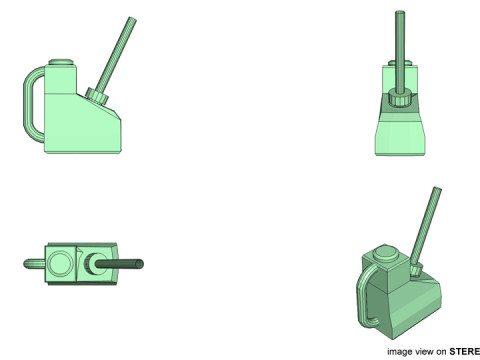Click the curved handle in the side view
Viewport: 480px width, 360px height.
[27, 103]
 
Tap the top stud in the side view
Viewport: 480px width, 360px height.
[61, 62]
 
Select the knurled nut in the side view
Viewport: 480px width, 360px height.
[97, 96]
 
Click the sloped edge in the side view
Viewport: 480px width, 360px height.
[99, 106]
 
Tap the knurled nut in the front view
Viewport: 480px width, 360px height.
[400, 99]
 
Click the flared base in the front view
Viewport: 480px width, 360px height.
[400, 137]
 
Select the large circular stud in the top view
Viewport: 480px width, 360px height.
[60, 263]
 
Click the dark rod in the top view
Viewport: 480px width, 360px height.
[119, 264]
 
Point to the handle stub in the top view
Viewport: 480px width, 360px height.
[34, 264]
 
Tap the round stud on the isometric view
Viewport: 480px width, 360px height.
[385, 253]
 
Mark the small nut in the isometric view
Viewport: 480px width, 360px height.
[416, 268]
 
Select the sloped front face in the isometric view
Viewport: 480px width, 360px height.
[418, 305]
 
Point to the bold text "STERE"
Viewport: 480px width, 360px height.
[465, 351]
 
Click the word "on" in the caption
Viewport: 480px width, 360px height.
[441, 352]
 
